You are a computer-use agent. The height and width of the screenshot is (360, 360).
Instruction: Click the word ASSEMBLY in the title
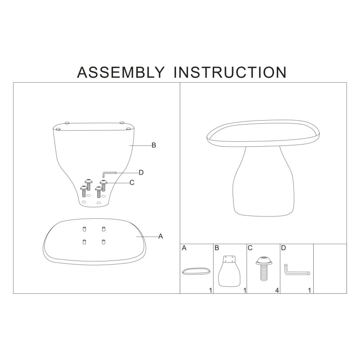pos(121,72)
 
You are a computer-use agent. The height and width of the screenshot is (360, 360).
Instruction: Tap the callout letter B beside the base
pos(153,145)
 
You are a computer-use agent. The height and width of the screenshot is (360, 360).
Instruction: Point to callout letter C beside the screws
pos(132,182)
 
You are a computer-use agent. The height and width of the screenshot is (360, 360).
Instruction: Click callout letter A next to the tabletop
pos(160,236)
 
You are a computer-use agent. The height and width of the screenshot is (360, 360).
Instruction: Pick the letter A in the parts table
pos(184,248)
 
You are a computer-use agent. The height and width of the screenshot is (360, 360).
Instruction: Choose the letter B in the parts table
pos(217,248)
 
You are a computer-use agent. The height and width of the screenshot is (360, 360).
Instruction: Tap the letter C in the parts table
pos(250,248)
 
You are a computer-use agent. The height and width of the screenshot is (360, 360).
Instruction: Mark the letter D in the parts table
pos(283,248)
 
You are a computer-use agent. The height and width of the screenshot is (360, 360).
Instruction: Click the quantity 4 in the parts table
pos(276,290)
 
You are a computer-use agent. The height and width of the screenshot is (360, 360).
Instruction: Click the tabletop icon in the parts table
pos(196,271)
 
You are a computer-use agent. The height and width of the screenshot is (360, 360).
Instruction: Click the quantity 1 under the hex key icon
pos(310,290)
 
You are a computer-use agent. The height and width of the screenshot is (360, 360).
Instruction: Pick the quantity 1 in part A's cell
pos(210,290)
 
